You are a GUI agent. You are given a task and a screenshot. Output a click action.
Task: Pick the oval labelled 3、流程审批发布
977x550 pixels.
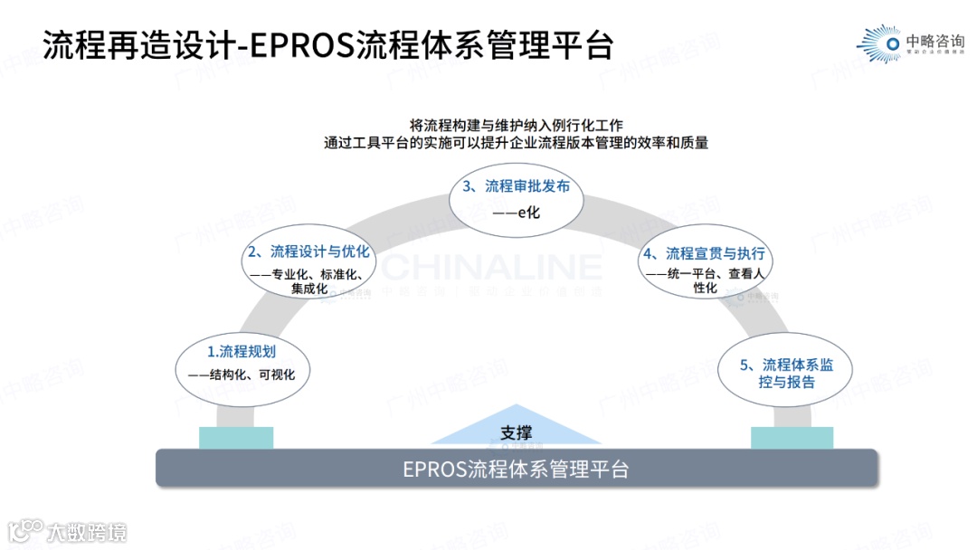[516, 200]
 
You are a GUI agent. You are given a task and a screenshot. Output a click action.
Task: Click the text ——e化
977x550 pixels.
[517, 213]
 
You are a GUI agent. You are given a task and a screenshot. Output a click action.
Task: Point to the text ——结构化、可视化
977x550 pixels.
[242, 375]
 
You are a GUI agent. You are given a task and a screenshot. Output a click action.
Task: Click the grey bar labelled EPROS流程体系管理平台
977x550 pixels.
[516, 469]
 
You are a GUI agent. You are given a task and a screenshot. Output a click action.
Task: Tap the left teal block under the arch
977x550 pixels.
[236, 438]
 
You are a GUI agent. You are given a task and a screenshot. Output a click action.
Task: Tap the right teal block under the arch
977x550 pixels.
[792, 438]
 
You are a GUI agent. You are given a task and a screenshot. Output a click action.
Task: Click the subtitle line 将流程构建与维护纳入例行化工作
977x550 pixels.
[517, 125]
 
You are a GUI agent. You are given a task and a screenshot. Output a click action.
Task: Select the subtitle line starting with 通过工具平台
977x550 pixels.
[517, 142]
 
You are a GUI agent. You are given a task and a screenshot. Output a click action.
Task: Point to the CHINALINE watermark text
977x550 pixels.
[491, 267]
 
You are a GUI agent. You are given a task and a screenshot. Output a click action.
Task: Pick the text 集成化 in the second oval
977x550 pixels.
[309, 289]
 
